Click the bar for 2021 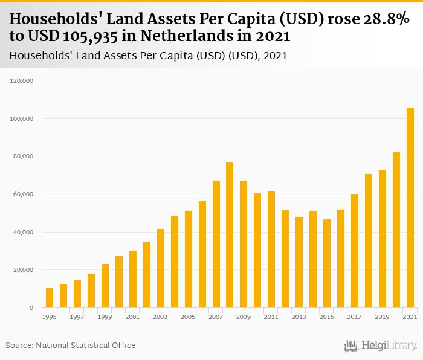pyautogui.click(x=410, y=208)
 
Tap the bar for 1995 pyautogui.click(x=50, y=298)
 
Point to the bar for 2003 pyautogui.click(x=160, y=268)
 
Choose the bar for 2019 pyautogui.click(x=383, y=239)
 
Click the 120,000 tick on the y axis pyautogui.click(x=24, y=80)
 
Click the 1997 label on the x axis pyautogui.click(x=77, y=317)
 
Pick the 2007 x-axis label pyautogui.click(x=216, y=317)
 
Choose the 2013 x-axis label pyautogui.click(x=299, y=317)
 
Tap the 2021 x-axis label pyautogui.click(x=410, y=317)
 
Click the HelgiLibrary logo pyautogui.click(x=381, y=346)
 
